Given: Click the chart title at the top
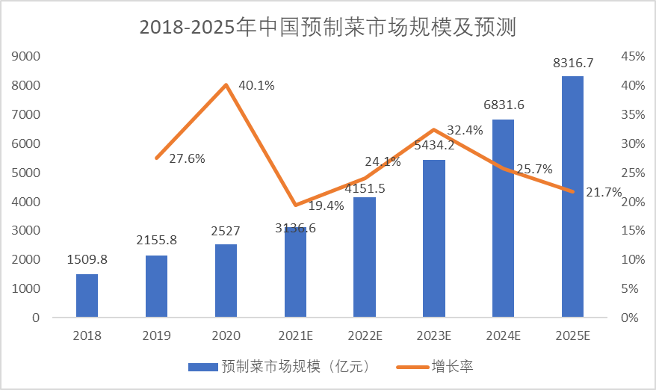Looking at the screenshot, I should point(328,27).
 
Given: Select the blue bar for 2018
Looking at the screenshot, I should point(87,296).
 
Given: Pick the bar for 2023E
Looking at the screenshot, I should point(434,239).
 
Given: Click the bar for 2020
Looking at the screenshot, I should point(226,281).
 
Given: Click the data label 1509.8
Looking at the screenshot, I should point(87,261).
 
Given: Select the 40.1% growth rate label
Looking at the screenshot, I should point(256,85).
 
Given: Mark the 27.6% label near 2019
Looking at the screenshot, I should point(187,158).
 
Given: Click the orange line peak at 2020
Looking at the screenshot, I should point(226,84).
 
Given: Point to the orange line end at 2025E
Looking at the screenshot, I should point(572,192).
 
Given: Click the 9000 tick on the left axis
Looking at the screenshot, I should point(26,56).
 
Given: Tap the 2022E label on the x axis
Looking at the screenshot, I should point(365,336).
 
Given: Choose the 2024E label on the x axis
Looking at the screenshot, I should point(503,336).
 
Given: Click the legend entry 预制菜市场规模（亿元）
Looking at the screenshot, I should point(278,366).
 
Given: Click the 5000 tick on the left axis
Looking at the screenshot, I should point(26,173).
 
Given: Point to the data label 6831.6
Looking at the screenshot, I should point(504,105).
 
